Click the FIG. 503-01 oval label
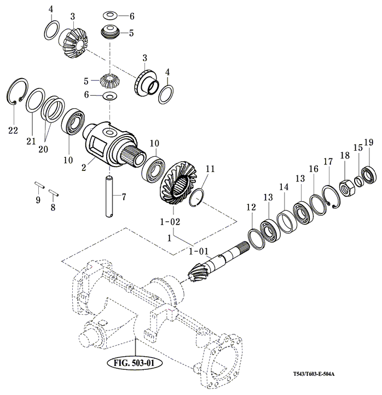click(134, 363)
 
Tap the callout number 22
click(13, 130)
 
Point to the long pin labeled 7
click(109, 197)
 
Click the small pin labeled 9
click(39, 185)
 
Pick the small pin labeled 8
click(54, 192)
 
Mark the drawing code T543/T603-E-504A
click(314, 374)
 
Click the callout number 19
click(369, 143)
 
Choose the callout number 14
click(284, 187)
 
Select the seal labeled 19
click(369, 175)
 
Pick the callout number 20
click(43, 149)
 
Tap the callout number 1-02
click(170, 222)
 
